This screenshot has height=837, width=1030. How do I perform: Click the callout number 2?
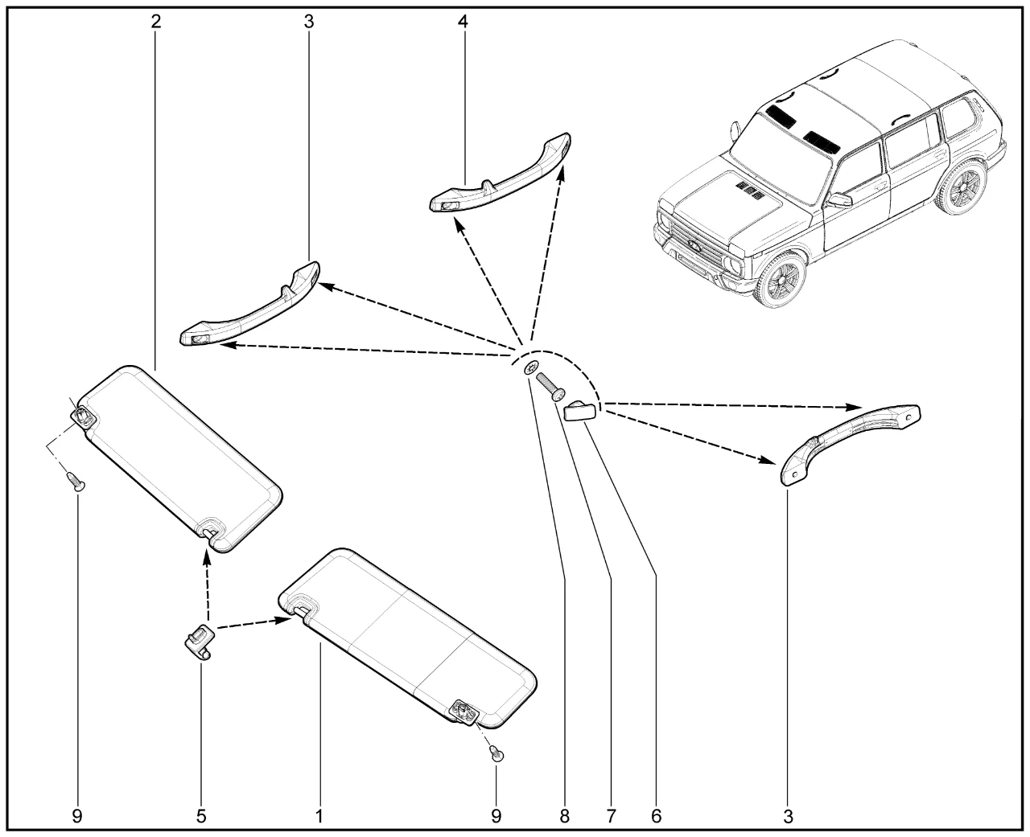[155, 22]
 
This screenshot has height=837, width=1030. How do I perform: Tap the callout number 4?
[463, 22]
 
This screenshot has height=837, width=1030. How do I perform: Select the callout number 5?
[201, 816]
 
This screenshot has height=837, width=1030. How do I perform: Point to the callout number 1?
[319, 816]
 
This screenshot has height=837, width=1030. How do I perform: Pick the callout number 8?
[564, 816]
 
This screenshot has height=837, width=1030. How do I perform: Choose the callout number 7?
[611, 816]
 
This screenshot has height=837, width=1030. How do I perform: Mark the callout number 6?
[656, 816]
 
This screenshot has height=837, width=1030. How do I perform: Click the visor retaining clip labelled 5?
[200, 641]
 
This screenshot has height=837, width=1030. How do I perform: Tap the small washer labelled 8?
[531, 368]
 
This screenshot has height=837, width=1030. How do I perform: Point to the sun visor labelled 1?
[408, 638]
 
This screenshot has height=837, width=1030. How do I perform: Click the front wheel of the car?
[780, 281]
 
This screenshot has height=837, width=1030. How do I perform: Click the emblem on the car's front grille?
[696, 245]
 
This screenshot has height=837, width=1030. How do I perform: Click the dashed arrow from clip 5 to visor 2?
[207, 587]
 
